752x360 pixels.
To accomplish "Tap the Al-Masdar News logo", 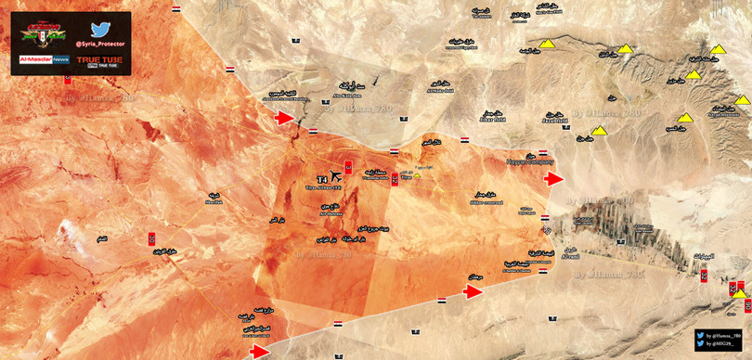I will [39, 58].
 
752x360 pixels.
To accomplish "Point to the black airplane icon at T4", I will [335, 177].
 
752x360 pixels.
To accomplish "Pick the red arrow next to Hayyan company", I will [554, 179].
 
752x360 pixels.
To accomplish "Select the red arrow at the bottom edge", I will [260, 351].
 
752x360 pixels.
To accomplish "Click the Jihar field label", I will [492, 122].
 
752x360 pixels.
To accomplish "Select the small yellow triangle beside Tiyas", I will [418, 173].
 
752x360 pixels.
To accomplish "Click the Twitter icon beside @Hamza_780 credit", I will [699, 334].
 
